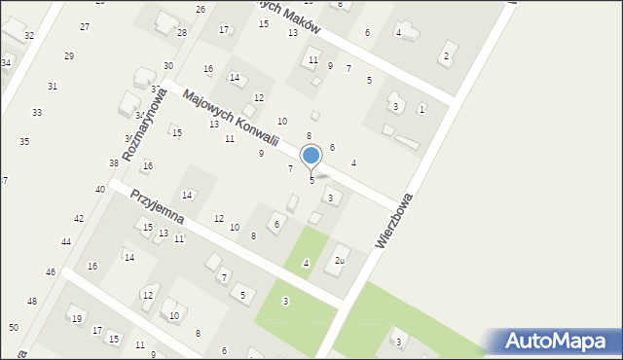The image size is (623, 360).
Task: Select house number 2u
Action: pos(340,260)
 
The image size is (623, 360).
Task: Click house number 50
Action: pos(14,327)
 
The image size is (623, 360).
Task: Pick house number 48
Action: pos(31,302)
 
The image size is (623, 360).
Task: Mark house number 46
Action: pos(51,271)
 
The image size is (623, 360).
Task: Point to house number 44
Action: pos(66,241)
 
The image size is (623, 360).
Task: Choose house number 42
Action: pos(79,219)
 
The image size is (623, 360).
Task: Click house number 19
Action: pos(76,318)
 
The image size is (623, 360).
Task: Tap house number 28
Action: pos(182,32)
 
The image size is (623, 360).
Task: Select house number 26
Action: pos(201,9)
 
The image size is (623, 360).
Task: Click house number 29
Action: pos(68,55)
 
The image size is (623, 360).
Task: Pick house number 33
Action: pos(36,112)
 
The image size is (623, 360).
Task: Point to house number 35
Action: pos(24,141)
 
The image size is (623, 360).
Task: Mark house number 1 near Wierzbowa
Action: pos(421,109)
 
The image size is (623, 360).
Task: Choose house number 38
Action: pos(114,162)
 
